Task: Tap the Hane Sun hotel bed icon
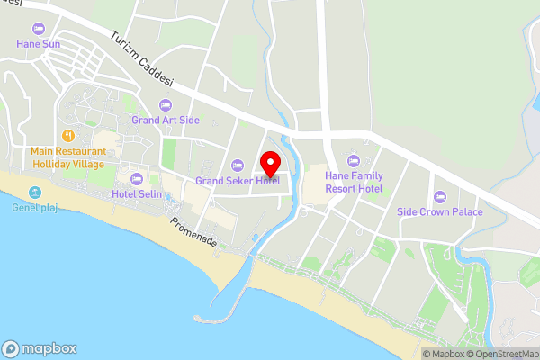[37, 28]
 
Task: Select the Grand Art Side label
[166, 120]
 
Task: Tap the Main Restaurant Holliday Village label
[67, 157]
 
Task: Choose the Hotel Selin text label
[136, 194]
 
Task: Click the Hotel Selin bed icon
[136, 179]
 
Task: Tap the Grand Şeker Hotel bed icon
[238, 165]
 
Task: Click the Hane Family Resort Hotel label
[354, 182]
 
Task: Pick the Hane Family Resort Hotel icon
[354, 161]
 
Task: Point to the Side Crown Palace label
[440, 212]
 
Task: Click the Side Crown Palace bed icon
[440, 196]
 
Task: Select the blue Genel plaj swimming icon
[34, 192]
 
